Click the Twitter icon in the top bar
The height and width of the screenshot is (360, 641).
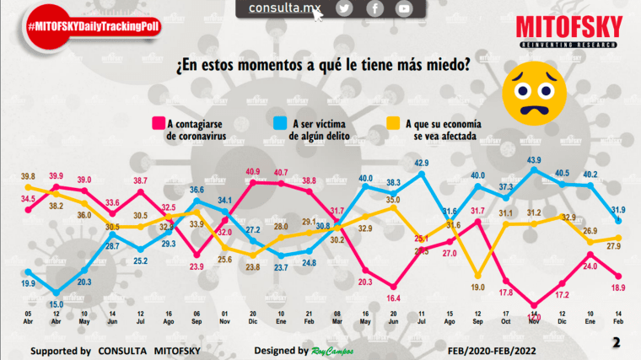(x=343, y=8)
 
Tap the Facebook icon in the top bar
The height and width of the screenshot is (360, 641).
(x=374, y=8)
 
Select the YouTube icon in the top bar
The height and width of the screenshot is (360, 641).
(x=404, y=8)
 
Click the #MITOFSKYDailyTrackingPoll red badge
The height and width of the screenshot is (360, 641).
(x=93, y=27)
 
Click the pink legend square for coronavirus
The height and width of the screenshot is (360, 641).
(x=158, y=123)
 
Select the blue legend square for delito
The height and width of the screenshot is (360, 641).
(x=281, y=123)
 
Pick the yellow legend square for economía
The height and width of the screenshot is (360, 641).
(x=393, y=123)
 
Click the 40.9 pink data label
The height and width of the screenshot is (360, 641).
(x=252, y=172)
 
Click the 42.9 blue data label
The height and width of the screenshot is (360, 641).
(x=422, y=163)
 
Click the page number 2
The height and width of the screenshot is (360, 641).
(x=616, y=342)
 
